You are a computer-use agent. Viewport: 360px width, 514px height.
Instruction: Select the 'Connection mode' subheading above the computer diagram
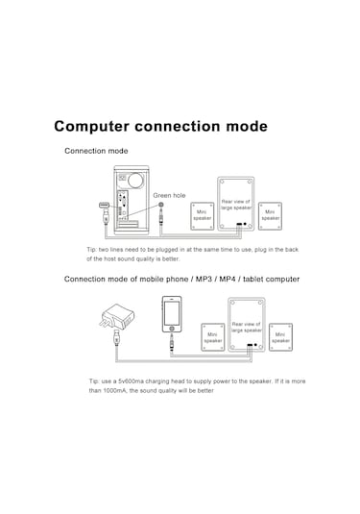96,151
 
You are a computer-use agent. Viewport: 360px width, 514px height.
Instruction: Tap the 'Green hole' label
169,195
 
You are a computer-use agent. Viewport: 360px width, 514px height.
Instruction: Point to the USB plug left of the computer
103,207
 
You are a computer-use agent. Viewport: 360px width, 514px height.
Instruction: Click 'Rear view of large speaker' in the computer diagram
235,205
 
